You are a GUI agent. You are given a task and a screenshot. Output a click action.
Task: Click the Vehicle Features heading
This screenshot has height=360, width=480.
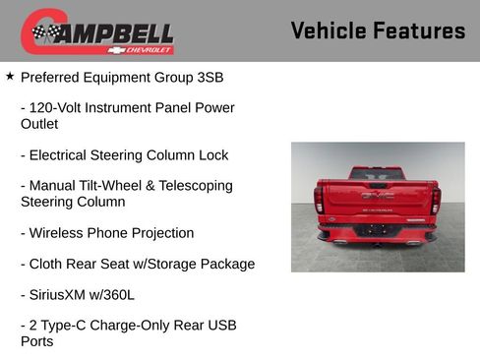[x=378, y=30]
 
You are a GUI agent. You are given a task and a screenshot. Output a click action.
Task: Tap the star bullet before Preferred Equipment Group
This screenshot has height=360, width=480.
[x=10, y=75]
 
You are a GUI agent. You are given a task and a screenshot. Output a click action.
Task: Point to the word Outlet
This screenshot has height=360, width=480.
[x=39, y=124]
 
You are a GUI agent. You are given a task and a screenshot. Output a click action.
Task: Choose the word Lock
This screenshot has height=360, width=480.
[x=212, y=154]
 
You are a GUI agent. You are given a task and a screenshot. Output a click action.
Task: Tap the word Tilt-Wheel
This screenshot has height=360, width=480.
[x=114, y=185]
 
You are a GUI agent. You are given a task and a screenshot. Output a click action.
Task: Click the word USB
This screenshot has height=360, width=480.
[x=221, y=325]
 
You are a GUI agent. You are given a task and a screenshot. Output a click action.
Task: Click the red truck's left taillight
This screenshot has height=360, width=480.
[x=319, y=201]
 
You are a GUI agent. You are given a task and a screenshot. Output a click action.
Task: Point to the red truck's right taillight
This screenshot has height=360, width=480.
[x=435, y=201]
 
